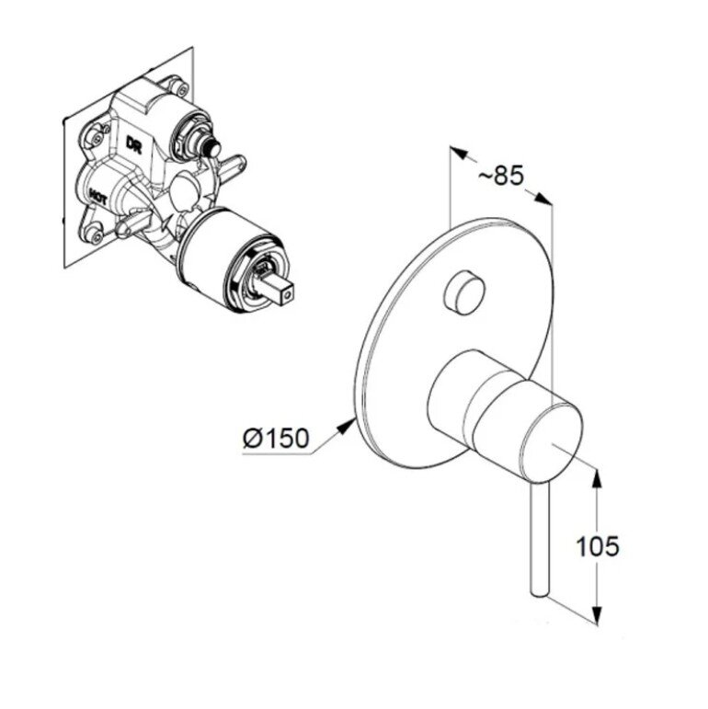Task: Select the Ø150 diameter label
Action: coord(276,438)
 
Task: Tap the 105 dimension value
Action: coord(597,545)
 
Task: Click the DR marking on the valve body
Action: coord(134,144)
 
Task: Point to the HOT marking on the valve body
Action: coord(98,197)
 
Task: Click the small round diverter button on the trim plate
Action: coord(463,292)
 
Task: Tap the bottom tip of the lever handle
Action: coord(539,592)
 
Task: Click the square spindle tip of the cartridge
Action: coord(287,294)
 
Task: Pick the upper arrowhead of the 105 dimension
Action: coord(598,478)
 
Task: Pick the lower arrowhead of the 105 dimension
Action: coord(598,615)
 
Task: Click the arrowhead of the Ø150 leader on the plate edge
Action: coord(348,424)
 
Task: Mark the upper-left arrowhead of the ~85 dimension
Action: coord(458,153)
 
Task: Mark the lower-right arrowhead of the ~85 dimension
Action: coord(543,199)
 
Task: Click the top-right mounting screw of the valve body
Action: coord(181,88)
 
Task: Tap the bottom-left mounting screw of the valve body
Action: coord(96,235)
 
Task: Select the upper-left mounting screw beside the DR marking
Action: coord(96,137)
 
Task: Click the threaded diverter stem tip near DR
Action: coord(211,147)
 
